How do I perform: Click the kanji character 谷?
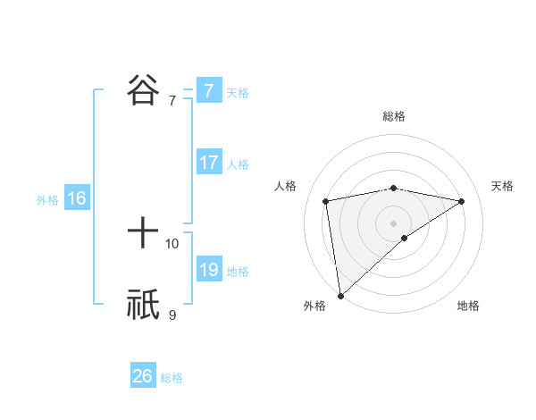[143, 90]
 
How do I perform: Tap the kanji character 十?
[143, 233]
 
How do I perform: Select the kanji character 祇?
[143, 305]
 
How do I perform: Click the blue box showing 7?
[208, 90]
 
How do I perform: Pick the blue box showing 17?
[208, 163]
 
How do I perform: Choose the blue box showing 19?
[208, 270]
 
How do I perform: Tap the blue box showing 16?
[76, 198]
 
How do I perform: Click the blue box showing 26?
[142, 376]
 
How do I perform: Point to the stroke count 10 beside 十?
[172, 243]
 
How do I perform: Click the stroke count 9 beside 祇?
[172, 315]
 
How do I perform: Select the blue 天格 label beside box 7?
[238, 92]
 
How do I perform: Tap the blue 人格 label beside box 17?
[238, 164]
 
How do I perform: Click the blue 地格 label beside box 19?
[238, 272]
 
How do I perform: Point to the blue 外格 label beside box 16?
[47, 200]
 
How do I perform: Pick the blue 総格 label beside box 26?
[172, 378]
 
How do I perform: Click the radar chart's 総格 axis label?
[394, 116]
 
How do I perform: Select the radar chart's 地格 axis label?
[468, 307]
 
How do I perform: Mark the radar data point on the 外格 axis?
[340, 296]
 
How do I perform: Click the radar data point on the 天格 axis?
[461, 201]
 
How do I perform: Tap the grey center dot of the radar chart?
[393, 222]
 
